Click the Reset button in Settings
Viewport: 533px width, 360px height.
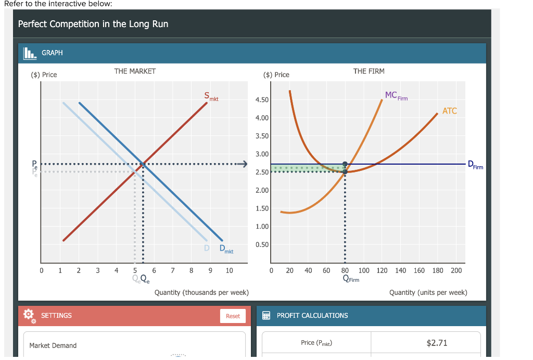(233, 316)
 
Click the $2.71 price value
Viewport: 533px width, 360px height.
(436, 342)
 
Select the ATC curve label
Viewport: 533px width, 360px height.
(449, 110)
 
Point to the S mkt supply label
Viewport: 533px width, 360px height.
(211, 96)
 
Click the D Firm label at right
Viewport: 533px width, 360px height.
(475, 165)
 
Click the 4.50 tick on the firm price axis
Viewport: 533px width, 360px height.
(262, 100)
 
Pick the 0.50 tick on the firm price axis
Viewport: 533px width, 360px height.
(262, 244)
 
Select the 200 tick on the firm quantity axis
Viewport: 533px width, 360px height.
(456, 270)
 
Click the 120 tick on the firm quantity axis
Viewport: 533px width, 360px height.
(382, 270)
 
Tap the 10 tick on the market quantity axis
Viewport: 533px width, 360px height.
(229, 270)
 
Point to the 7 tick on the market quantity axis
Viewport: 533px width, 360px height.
(173, 270)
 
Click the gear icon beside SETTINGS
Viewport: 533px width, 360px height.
(29, 316)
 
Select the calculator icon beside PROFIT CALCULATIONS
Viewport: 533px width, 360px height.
(266, 316)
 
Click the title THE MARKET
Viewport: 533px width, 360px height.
(135, 71)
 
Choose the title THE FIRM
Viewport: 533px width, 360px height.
(369, 71)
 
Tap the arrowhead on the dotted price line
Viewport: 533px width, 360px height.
(242, 165)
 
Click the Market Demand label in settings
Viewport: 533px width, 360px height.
(53, 345)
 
